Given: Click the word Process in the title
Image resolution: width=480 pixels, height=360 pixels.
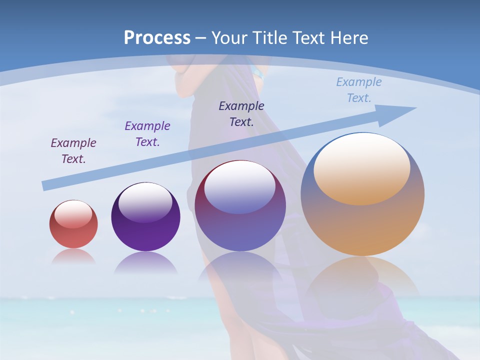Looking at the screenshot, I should pos(157,38).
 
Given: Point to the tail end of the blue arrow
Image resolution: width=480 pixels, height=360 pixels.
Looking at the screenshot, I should pos(46,185).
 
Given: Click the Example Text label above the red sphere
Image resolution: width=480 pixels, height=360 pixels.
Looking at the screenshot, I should pos(73,150).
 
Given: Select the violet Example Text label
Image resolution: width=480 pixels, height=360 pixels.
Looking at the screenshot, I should pos(147,133).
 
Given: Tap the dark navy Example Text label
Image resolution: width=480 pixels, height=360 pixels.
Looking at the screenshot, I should pos(241,113).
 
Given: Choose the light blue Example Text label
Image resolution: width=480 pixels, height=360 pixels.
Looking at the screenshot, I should pos(359,89).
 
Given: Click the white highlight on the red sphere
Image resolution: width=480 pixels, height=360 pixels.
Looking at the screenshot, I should pos(73,214).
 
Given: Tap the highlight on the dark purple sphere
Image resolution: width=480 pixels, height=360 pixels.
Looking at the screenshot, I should pos(145,202).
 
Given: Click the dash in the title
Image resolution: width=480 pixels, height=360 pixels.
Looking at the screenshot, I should pos(201,38).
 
